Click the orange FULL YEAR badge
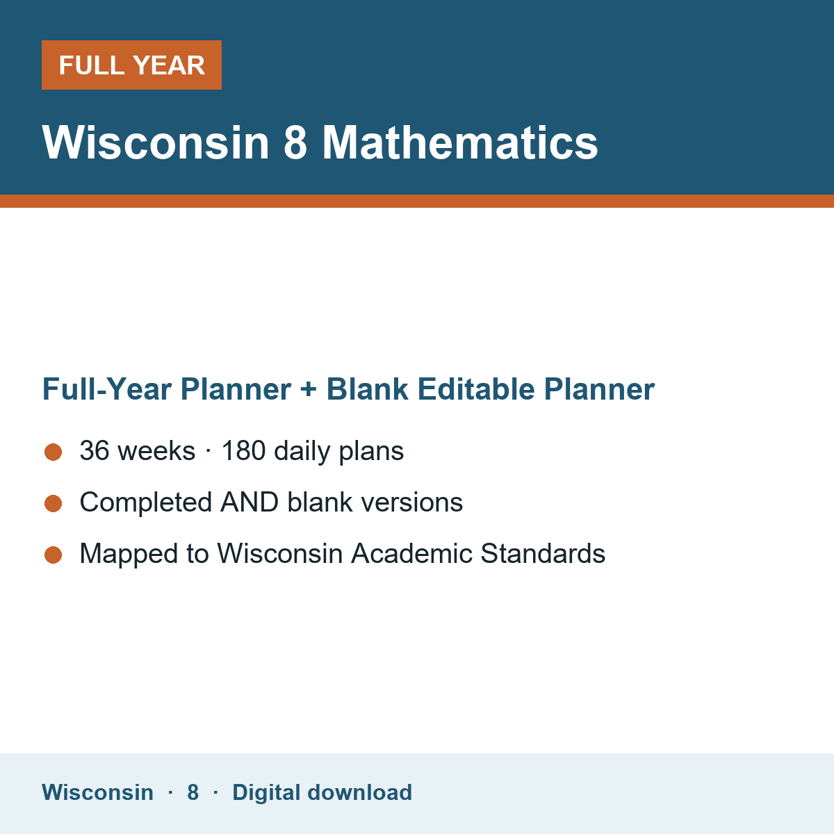click(131, 65)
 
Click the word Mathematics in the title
click(460, 142)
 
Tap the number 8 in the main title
click(295, 142)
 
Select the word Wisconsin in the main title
click(156, 142)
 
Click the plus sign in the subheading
click(308, 389)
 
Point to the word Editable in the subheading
click(476, 389)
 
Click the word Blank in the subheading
click(367, 389)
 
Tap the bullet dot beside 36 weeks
click(54, 452)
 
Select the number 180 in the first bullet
click(243, 450)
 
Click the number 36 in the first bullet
click(95, 450)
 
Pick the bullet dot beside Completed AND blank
click(54, 503)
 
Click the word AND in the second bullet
click(250, 502)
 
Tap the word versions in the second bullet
click(412, 502)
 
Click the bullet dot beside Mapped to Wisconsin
click(54, 555)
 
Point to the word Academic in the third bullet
click(411, 553)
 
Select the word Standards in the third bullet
click(543, 553)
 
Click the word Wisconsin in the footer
click(97, 792)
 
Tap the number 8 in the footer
click(193, 792)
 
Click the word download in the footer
click(359, 792)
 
